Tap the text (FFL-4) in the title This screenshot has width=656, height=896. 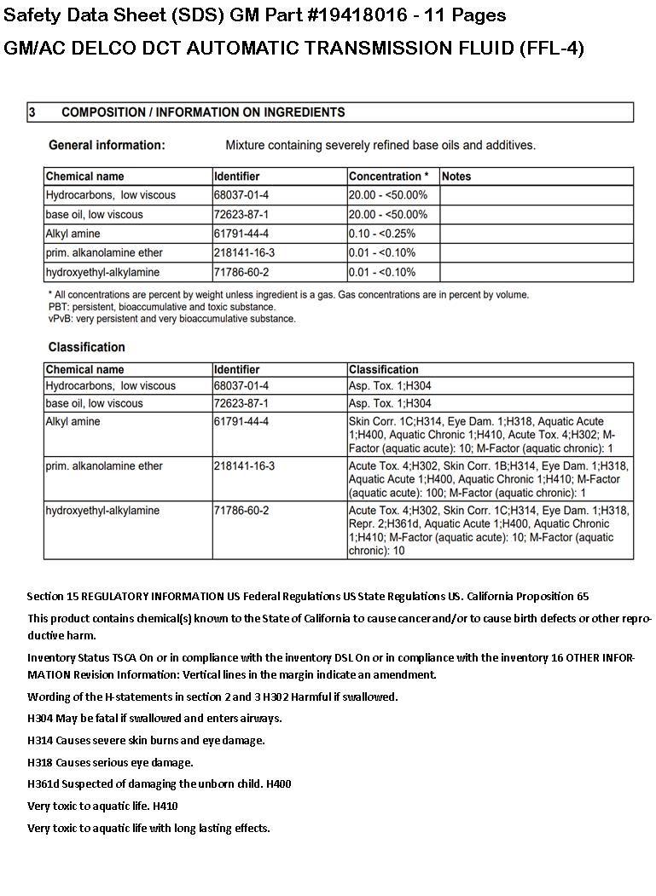552,48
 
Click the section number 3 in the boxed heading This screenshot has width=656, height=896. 32,113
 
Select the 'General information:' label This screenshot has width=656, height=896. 107,145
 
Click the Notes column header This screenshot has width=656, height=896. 456,176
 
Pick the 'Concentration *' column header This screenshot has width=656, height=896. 389,176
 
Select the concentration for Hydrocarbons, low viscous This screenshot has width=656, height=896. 388,195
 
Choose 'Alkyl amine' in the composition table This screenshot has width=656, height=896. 73,234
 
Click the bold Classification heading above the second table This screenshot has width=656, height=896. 87,347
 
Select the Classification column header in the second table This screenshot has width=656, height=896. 384,370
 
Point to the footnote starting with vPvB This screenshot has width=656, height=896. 172,319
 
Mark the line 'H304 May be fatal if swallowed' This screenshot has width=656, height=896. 154,719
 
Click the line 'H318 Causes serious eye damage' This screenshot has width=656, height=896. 111,762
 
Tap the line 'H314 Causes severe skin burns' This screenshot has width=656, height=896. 146,740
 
